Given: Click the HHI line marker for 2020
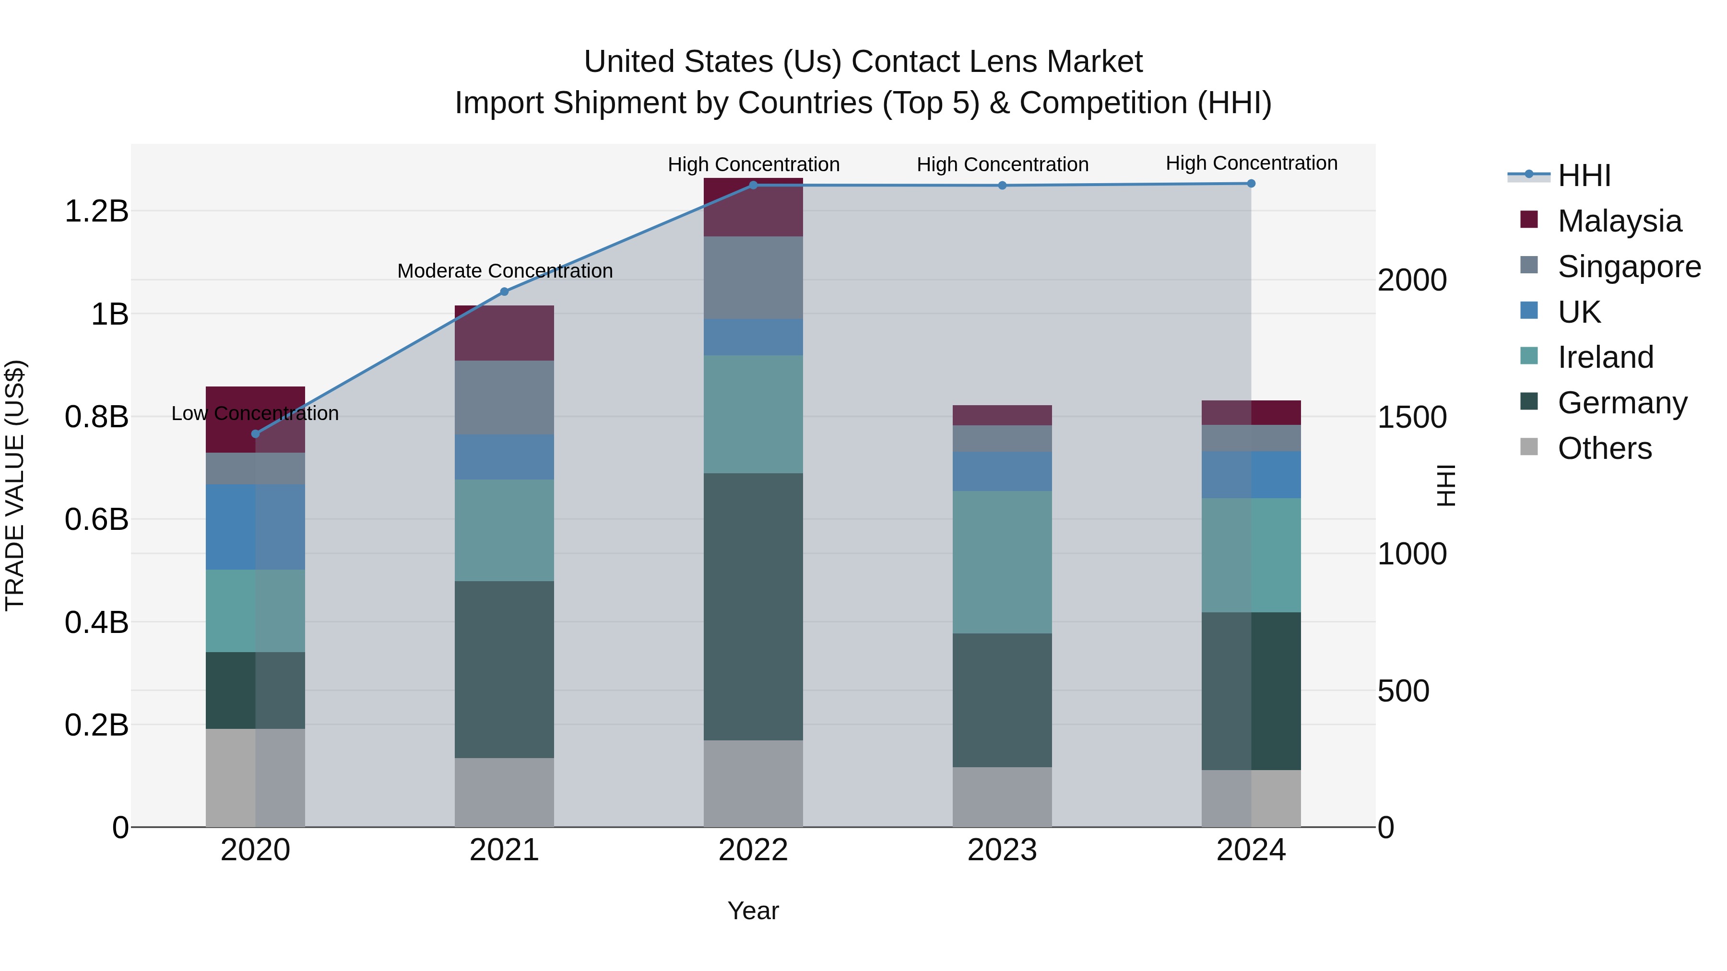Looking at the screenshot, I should [x=255, y=433].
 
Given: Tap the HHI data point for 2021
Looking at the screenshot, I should [x=504, y=292].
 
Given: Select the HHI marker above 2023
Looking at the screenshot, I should [x=1002, y=186].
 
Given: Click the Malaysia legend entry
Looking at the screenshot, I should [x=1619, y=221].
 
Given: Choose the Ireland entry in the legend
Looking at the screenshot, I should [x=1605, y=357].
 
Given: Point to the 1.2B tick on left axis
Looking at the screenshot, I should [x=96, y=211].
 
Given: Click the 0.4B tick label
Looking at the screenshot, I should [x=96, y=622].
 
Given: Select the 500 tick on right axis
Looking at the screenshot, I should [x=1403, y=691].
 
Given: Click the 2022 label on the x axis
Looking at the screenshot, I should [x=753, y=850].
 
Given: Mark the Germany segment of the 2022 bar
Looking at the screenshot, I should [x=753, y=607].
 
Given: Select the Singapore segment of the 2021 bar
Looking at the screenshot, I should [x=504, y=398].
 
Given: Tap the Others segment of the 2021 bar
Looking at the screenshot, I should [x=504, y=792].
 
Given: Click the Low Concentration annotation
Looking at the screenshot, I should [x=255, y=413].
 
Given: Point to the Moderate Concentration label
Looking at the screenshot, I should [x=505, y=271].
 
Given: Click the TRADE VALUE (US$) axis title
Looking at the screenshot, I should [x=15, y=485].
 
